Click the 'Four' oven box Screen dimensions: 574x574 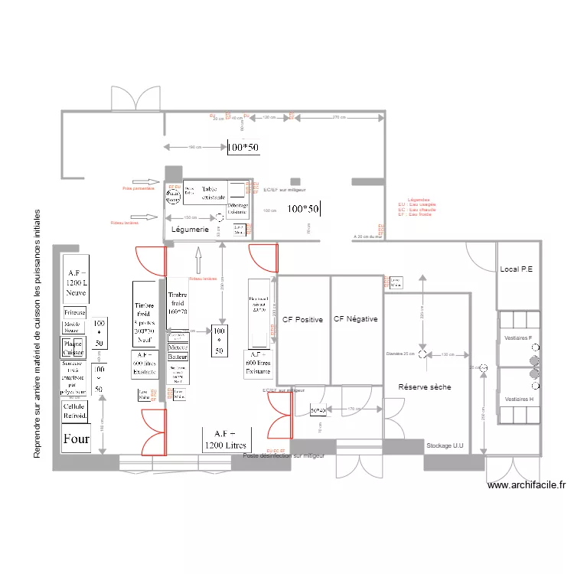[x=77, y=439]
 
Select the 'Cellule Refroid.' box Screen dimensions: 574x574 [x=76, y=412]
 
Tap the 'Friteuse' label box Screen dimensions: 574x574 [x=75, y=313]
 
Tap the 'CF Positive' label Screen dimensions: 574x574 [x=302, y=319]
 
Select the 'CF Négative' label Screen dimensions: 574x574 [x=356, y=319]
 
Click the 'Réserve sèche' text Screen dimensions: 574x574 [x=425, y=387]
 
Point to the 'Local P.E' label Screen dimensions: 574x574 [x=518, y=269]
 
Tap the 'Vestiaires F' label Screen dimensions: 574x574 [x=520, y=338]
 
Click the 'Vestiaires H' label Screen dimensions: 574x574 [x=520, y=399]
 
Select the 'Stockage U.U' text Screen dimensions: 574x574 [x=445, y=445]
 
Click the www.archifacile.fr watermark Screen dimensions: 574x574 [x=526, y=484]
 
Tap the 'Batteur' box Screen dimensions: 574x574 [x=178, y=357]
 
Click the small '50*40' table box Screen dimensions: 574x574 [x=318, y=411]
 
